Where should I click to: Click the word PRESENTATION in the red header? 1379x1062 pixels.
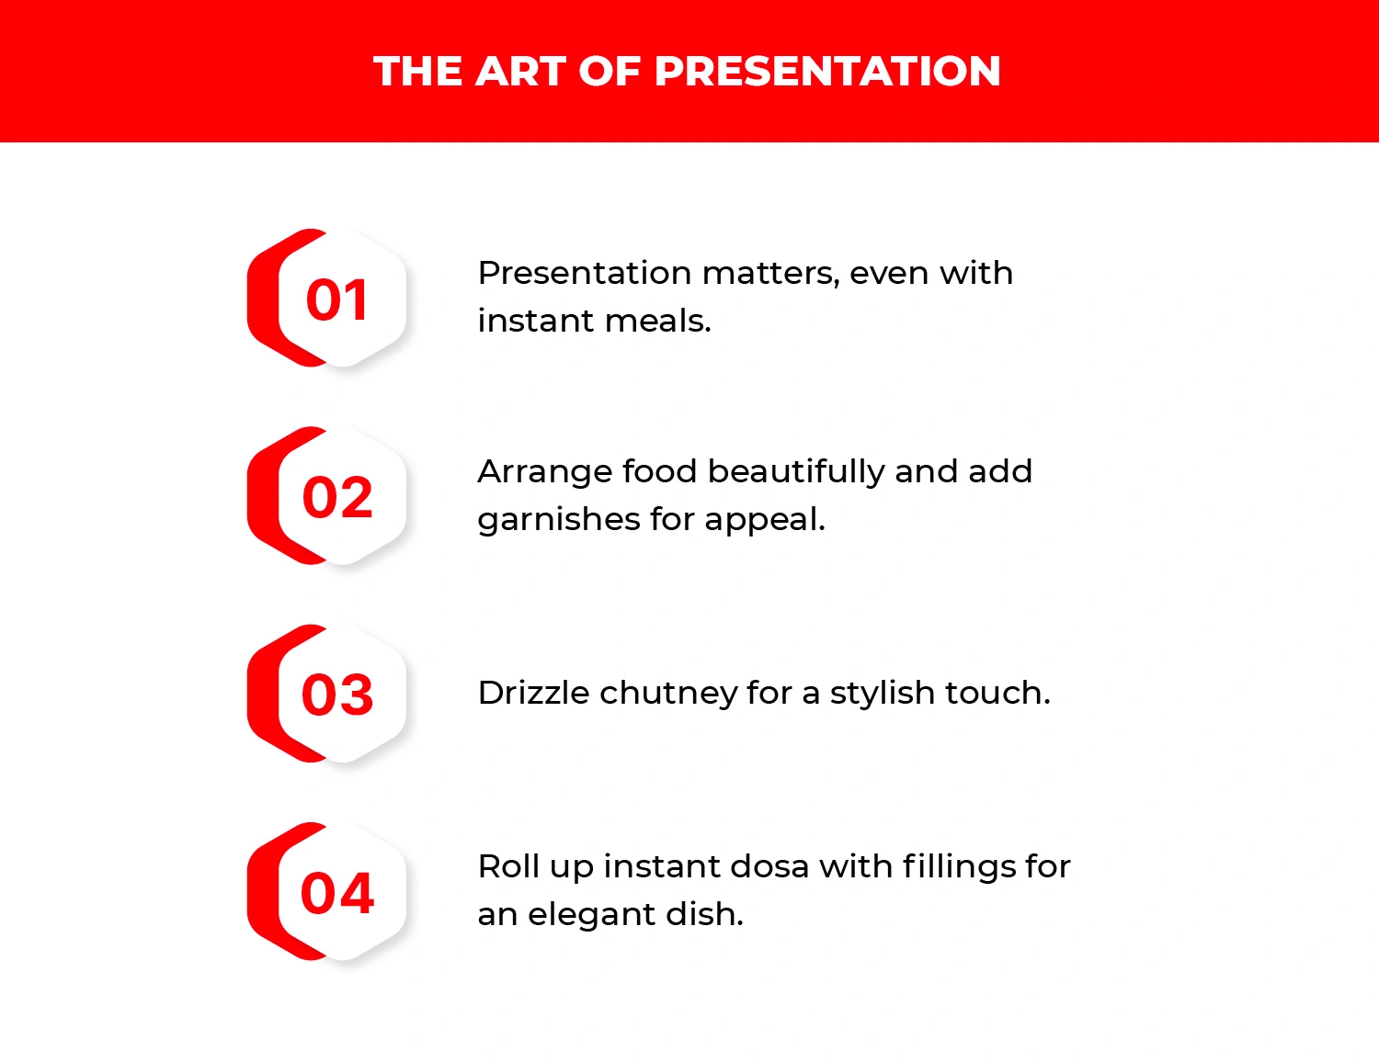(x=826, y=72)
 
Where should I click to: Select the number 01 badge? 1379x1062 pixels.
(x=336, y=299)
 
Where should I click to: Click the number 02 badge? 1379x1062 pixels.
(x=336, y=497)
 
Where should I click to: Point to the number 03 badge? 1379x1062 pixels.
(x=336, y=695)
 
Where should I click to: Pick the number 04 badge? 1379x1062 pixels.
(x=336, y=893)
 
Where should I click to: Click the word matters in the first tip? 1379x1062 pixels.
(x=769, y=274)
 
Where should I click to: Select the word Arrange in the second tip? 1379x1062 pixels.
(x=544, y=472)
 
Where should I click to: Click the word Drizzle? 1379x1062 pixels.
(x=533, y=693)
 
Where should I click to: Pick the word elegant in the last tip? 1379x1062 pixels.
(x=585, y=916)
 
